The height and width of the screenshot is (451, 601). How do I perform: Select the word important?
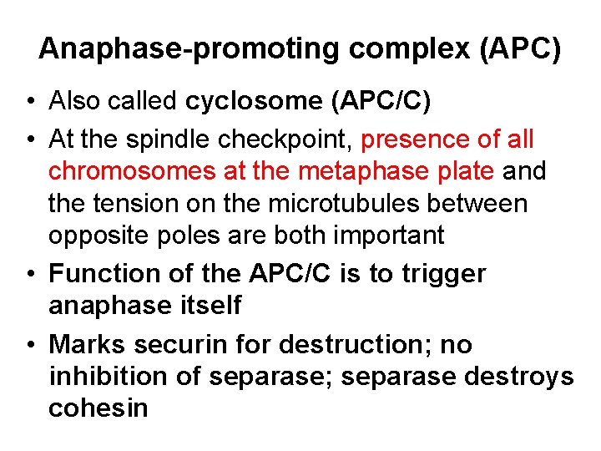389,236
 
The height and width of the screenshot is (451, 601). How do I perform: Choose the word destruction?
350,344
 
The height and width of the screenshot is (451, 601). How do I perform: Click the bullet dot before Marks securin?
30,344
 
